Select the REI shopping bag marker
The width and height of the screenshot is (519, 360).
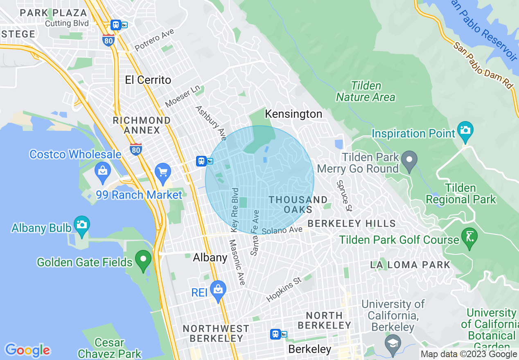click(x=218, y=290)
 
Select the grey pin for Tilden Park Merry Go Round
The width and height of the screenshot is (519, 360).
click(x=409, y=160)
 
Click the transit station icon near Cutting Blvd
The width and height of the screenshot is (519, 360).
click(x=116, y=25)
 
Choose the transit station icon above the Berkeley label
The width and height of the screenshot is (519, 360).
click(x=276, y=334)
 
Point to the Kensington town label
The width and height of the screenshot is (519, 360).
click(x=293, y=114)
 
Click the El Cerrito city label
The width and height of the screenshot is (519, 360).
click(x=148, y=80)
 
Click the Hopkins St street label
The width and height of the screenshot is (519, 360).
click(x=284, y=290)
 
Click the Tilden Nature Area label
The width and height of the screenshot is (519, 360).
click(x=366, y=91)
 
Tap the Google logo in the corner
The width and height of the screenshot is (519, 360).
click(x=27, y=350)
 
